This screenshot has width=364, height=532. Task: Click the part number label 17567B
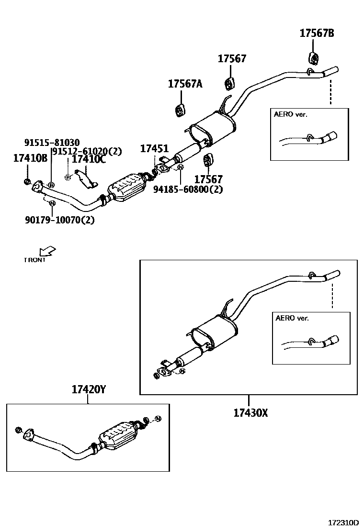(x=317, y=33)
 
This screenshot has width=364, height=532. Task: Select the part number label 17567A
(x=185, y=84)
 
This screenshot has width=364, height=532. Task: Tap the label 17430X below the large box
(x=250, y=412)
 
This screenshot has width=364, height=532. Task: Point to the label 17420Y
(x=89, y=390)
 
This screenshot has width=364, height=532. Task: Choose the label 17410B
(x=30, y=158)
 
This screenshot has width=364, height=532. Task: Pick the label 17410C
(x=89, y=159)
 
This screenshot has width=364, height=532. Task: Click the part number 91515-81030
(x=52, y=142)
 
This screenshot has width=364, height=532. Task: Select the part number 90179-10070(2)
(x=59, y=220)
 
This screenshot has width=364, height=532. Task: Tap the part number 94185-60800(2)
(x=188, y=189)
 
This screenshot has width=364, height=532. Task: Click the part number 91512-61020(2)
(x=87, y=151)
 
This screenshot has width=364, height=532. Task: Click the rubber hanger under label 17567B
(x=313, y=58)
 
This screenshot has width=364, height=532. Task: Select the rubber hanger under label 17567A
(x=180, y=110)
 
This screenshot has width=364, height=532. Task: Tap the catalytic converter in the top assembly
(x=126, y=188)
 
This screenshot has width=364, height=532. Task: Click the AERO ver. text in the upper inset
(x=290, y=114)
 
